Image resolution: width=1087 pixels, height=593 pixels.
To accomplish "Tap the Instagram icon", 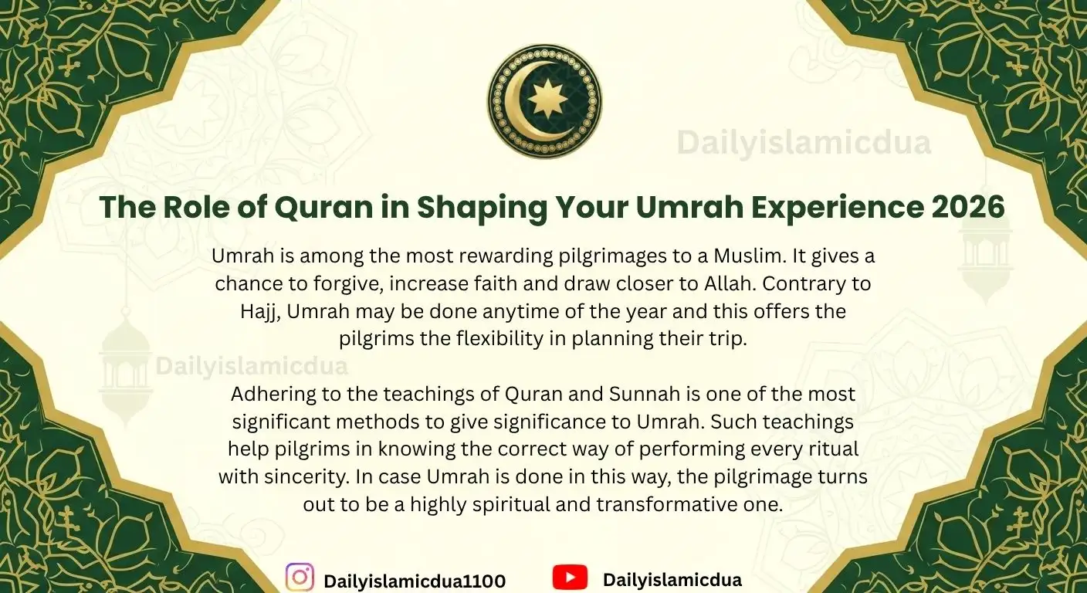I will pyautogui.click(x=300, y=578).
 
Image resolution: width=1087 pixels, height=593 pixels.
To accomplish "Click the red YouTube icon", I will pyautogui.click(x=570, y=578).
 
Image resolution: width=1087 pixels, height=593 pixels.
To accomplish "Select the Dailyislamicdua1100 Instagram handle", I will pyautogui.click(x=415, y=581).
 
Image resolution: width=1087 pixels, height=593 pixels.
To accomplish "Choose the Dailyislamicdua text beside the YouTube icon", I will pyautogui.click(x=672, y=580).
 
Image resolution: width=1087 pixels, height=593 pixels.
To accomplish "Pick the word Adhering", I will pyautogui.click(x=269, y=395).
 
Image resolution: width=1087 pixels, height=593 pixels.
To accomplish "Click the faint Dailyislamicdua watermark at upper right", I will pyautogui.click(x=804, y=144).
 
